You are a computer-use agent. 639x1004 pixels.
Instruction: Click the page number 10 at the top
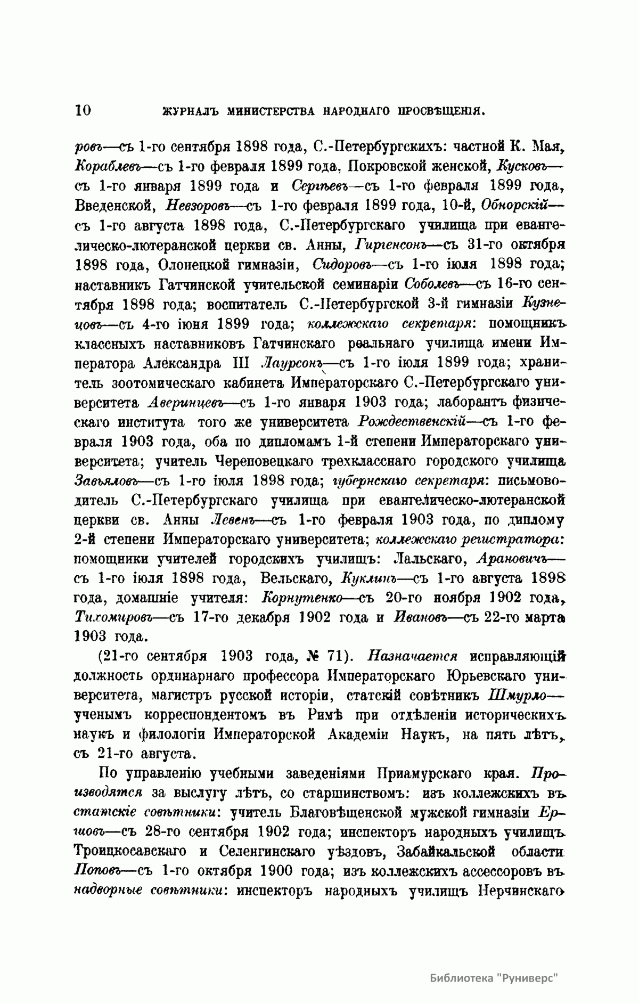tap(84, 110)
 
